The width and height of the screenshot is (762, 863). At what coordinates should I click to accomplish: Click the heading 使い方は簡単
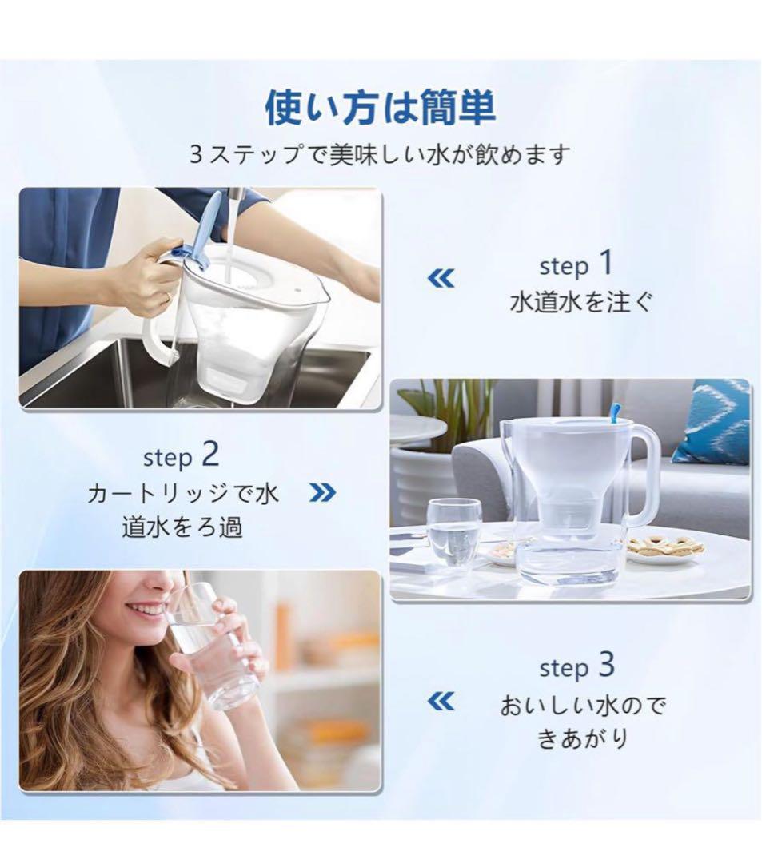coord(381,109)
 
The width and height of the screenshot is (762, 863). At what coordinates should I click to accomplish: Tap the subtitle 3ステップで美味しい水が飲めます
coord(380,156)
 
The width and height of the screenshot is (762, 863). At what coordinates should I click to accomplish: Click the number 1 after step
coord(606,263)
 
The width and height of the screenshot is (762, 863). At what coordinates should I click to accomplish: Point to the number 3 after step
coord(606,664)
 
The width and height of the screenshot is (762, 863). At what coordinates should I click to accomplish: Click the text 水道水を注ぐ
coord(580,302)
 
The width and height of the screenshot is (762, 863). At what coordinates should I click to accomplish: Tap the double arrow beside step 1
coord(441,279)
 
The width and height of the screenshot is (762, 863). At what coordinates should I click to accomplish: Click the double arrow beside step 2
coord(323,492)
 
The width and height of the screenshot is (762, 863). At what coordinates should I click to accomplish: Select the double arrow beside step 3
coord(441,702)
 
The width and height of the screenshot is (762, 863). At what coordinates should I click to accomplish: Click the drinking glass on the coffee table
coord(453,533)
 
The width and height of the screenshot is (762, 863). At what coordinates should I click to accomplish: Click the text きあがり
coord(583,738)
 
